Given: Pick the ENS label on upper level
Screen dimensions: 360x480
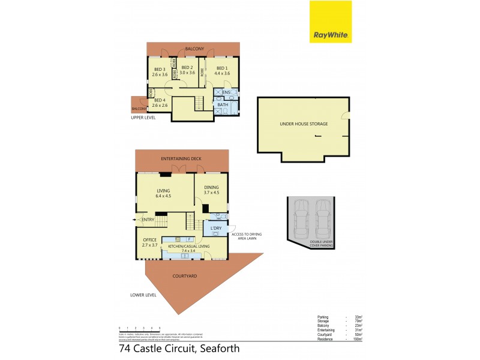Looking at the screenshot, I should (226, 92).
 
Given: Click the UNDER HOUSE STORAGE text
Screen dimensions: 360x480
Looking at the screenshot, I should (304, 124).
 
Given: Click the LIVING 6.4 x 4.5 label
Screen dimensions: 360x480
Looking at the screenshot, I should (164, 193).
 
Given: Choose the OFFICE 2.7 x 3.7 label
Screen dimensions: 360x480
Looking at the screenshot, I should (149, 242).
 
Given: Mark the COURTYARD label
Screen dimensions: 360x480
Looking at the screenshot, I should (185, 276).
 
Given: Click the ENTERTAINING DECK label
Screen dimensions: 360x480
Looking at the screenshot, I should (181, 158).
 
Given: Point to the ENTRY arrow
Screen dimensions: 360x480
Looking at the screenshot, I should (135, 220).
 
